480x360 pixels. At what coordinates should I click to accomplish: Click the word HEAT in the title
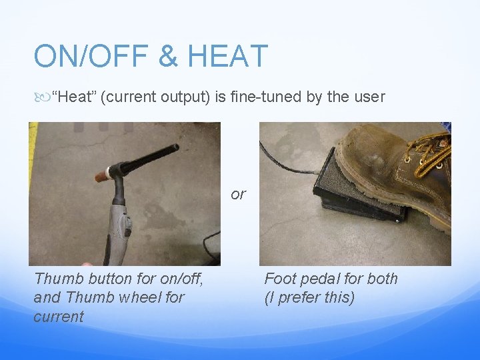pos(227,56)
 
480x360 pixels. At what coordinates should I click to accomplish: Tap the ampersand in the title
pos(168,56)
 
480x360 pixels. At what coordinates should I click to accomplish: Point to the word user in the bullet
pos(371,97)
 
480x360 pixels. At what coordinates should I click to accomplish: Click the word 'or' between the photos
pos(238,194)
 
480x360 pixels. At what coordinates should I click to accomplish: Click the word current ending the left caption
pos(59,316)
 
